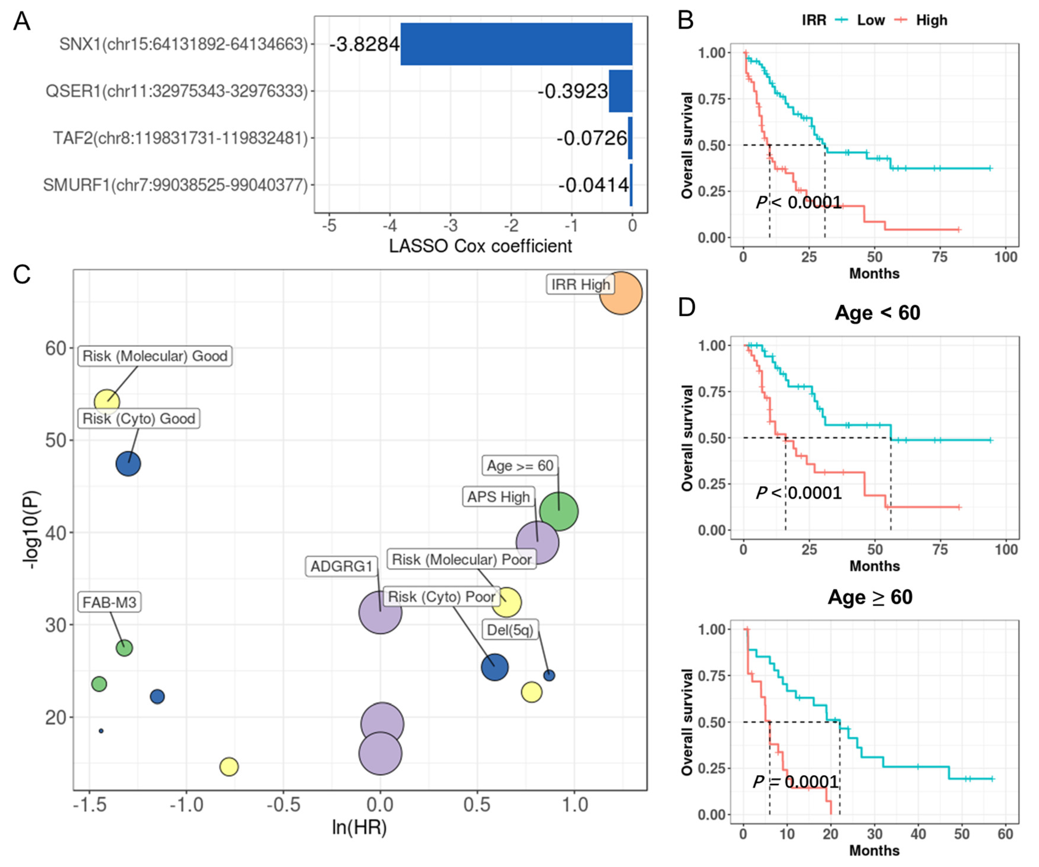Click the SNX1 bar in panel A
(x=516, y=44)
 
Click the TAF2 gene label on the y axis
(x=180, y=138)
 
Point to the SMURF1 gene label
(x=175, y=185)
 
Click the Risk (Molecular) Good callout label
(x=155, y=356)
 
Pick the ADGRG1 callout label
(x=341, y=566)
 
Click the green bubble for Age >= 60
(x=558, y=511)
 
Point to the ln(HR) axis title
(x=359, y=827)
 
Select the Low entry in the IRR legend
(x=870, y=20)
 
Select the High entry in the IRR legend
(x=931, y=20)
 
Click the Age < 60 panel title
(x=877, y=313)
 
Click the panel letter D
(x=687, y=307)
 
